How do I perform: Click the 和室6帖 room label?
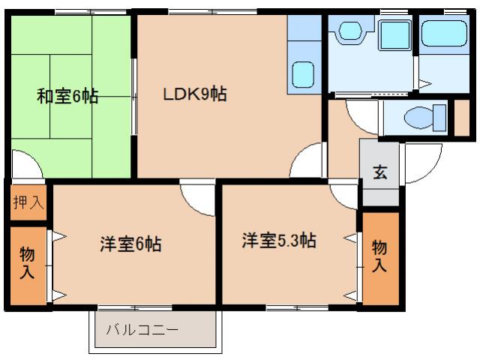pyautogui.click(x=67, y=97)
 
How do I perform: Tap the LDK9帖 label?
pyautogui.click(x=196, y=95)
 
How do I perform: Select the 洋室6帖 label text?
pyautogui.click(x=130, y=244)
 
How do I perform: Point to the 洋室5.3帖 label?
pyautogui.click(x=278, y=241)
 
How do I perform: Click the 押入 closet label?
pyautogui.click(x=27, y=202)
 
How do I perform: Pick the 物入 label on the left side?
pyautogui.click(x=26, y=262)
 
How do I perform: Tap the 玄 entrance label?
pyautogui.click(x=379, y=172)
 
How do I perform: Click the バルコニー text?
pyautogui.click(x=142, y=329)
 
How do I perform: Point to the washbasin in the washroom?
pyautogui.click(x=350, y=31)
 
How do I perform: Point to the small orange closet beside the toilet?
pyautogui.click(x=462, y=116)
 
